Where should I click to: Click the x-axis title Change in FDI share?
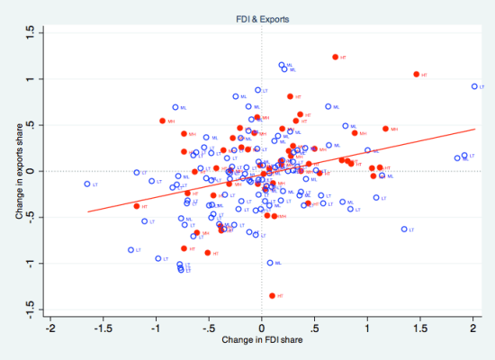262,342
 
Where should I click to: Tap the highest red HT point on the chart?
336,57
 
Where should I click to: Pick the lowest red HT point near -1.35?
272,295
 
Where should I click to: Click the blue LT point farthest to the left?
87,184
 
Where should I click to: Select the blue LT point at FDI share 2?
474,86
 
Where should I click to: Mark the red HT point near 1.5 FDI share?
417,75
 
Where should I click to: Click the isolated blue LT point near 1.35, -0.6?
404,229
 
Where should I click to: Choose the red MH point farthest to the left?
162,121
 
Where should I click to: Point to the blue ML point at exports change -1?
270,263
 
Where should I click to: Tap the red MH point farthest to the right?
386,129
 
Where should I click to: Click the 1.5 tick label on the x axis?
420,328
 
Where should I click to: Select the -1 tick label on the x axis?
156,328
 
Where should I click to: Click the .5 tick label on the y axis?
31,125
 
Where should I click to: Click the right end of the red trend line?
474,129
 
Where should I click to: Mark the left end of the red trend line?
87,211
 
